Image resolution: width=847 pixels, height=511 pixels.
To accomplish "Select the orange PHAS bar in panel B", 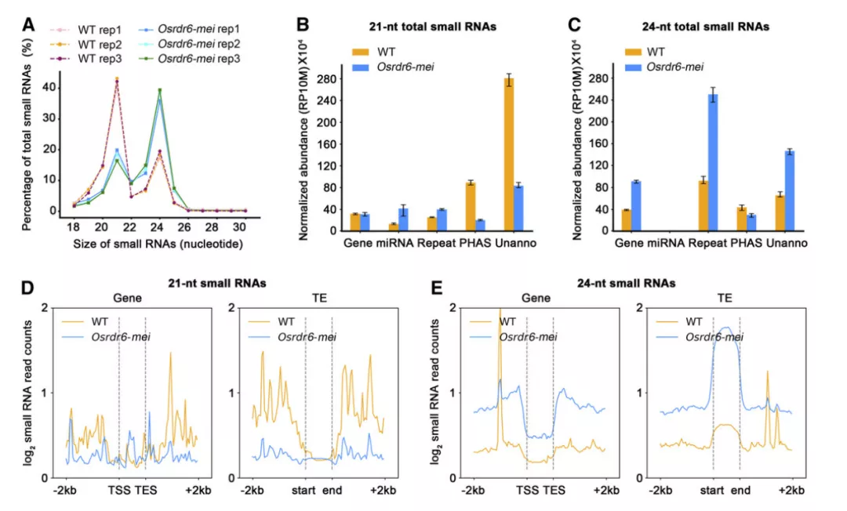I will [x=471, y=206].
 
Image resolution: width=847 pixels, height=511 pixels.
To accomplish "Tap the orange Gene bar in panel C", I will [x=627, y=220].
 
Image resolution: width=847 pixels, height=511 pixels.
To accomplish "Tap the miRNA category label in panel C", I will [x=666, y=244].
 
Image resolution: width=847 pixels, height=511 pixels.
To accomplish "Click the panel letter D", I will [x=27, y=288].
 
